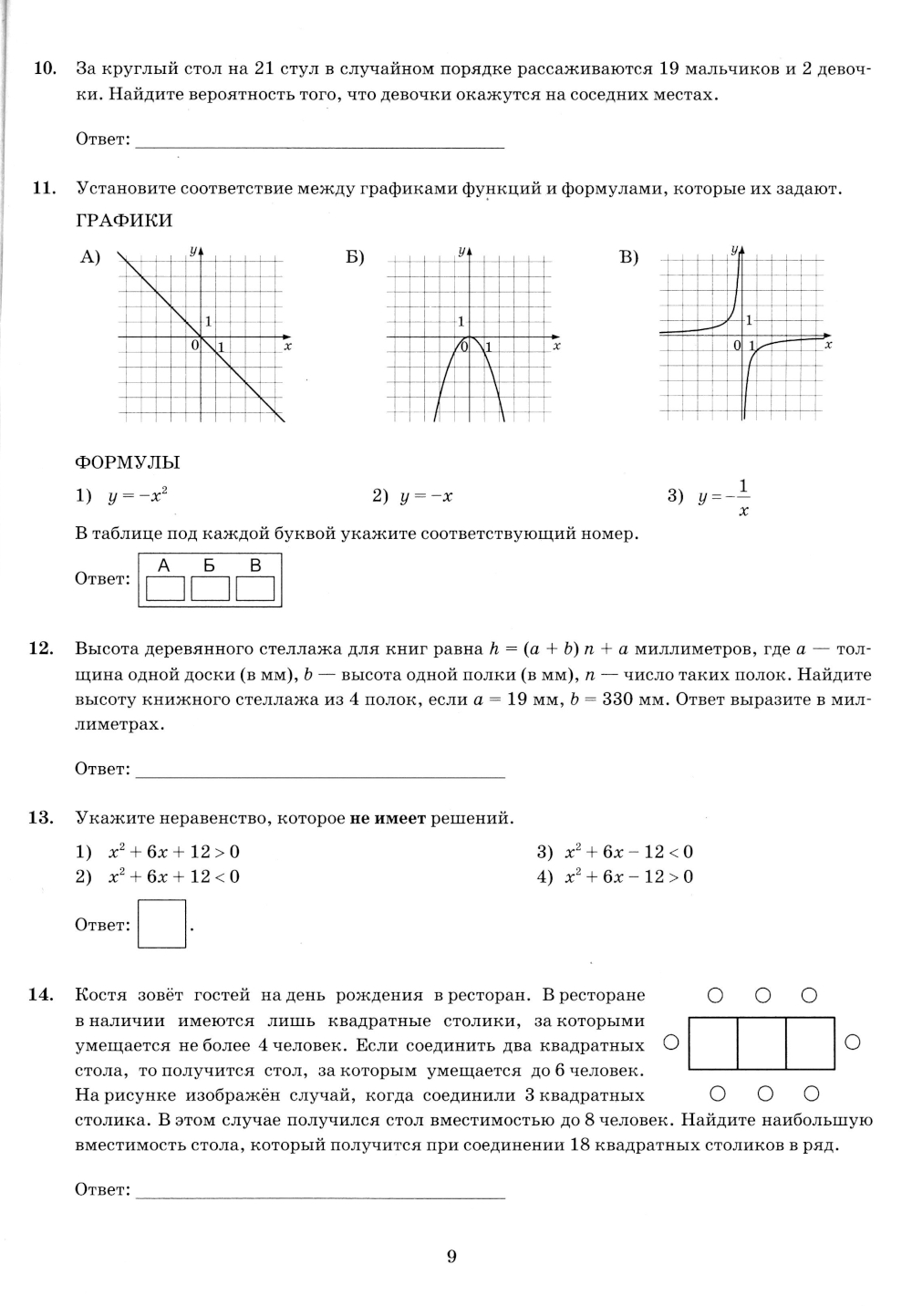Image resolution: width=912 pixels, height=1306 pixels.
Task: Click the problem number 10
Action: [44, 69]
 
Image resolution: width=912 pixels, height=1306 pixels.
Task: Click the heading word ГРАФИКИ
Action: [124, 221]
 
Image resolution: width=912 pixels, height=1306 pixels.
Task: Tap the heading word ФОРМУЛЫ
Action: [128, 462]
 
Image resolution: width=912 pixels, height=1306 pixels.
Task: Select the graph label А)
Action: [89, 257]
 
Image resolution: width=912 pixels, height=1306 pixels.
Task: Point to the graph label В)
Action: [629, 257]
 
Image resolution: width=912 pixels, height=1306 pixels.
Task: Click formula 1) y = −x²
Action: [123, 496]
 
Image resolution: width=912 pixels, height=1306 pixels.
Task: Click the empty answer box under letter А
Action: [165, 588]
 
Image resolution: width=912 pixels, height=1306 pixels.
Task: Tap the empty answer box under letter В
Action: [255, 588]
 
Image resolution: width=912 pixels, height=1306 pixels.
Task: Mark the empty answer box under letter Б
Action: [211, 588]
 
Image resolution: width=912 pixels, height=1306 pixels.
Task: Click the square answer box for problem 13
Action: [162, 924]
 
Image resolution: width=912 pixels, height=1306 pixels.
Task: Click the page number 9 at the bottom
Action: [451, 1257]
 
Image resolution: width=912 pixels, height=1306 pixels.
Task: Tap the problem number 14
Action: [42, 995]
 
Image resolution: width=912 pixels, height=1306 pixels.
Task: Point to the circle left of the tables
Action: [670, 1042]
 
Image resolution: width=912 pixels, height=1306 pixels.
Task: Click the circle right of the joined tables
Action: [853, 1042]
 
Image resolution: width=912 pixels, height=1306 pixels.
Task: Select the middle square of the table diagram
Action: [762, 1042]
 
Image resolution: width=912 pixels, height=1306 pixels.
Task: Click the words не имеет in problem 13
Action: [388, 818]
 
